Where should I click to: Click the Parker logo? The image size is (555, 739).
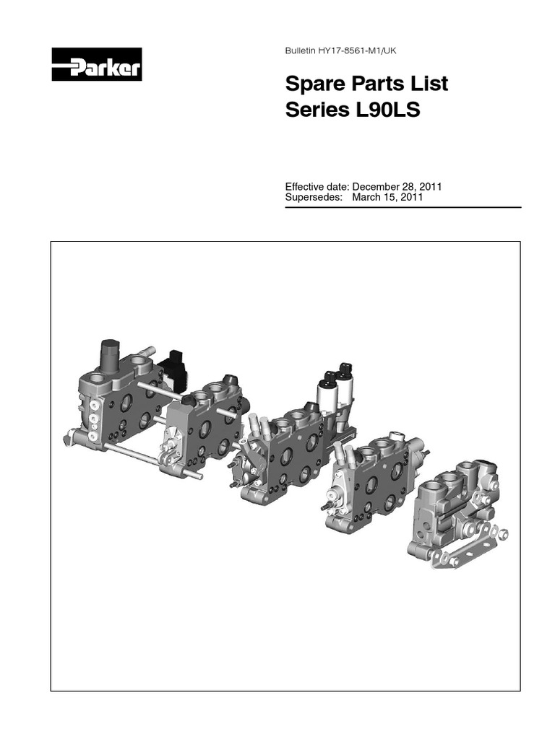(96, 66)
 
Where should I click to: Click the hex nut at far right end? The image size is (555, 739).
(504, 534)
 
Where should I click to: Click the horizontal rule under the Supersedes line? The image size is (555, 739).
(403, 207)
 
